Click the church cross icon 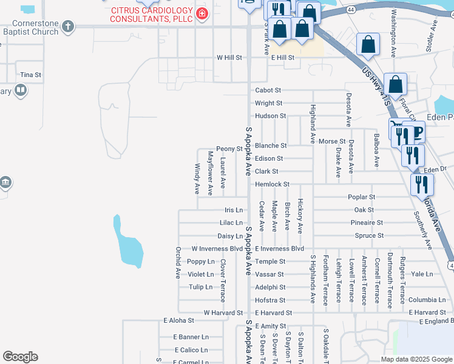coord(69,27)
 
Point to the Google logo coord(20,357)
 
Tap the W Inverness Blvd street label coord(217,249)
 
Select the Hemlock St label coord(272,184)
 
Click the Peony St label coord(229,149)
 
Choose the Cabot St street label coord(268,90)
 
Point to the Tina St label coord(30,75)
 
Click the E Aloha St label coord(178,320)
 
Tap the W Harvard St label coord(223,312)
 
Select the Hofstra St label coord(270,300)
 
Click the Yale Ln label coord(421,274)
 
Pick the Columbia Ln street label coord(427,300)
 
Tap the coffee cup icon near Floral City coord(417,133)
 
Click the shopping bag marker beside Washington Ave coord(368,44)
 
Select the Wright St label coord(268,103)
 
